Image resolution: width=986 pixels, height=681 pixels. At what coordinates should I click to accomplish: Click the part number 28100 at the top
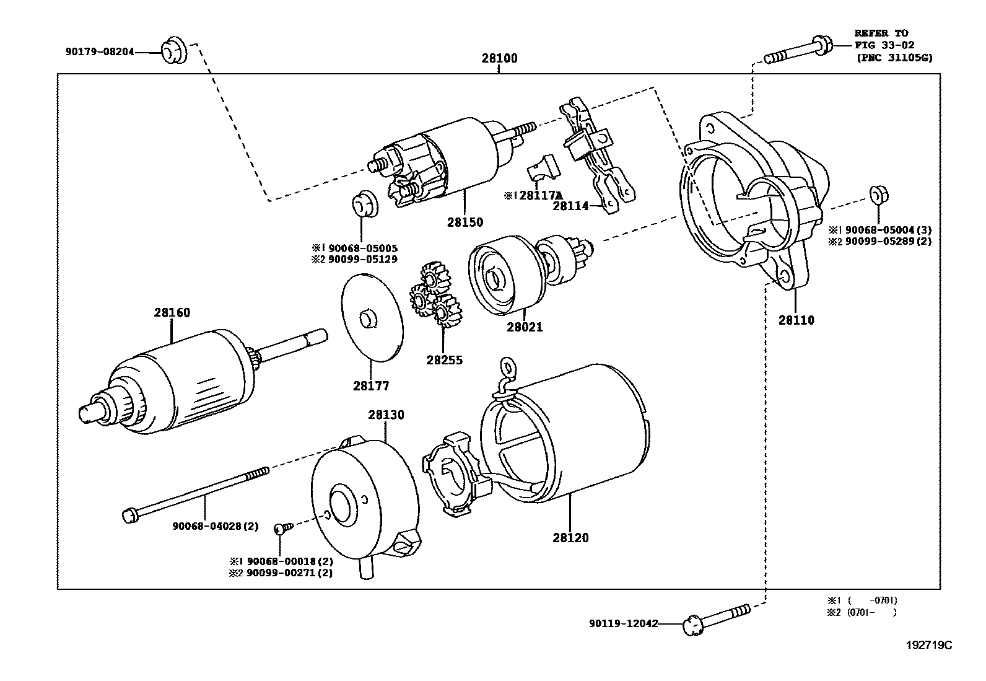(x=499, y=59)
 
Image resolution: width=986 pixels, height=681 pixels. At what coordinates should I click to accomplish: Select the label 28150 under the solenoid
(x=465, y=222)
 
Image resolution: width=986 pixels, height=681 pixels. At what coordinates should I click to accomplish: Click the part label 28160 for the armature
(x=172, y=313)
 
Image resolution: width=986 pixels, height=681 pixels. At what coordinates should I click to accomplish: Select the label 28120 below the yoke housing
(x=570, y=538)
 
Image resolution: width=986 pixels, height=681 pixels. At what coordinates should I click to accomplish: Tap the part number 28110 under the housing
(x=796, y=320)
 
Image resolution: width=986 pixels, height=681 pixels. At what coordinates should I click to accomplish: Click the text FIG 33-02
(x=884, y=45)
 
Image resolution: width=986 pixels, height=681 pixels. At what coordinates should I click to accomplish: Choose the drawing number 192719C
(x=928, y=645)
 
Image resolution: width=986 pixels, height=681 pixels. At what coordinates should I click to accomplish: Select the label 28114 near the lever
(x=570, y=206)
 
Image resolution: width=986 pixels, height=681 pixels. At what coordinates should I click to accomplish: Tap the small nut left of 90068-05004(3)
(x=878, y=195)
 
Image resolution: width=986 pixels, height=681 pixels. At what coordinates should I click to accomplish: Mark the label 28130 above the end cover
(x=386, y=415)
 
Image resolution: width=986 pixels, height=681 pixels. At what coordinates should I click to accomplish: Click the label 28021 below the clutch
(x=524, y=327)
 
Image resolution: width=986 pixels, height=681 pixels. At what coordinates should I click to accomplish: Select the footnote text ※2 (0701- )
(x=862, y=612)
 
